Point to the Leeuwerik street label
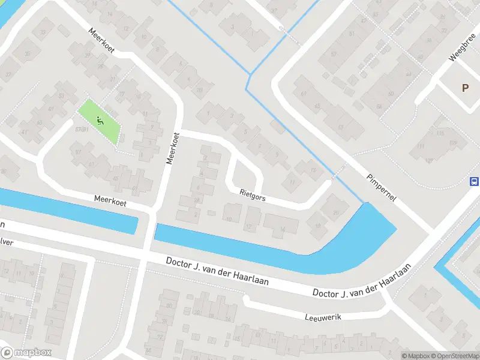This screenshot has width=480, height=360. pos(322,317)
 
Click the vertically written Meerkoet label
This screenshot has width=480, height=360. pos(173,149)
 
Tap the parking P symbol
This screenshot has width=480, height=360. pos(465,88)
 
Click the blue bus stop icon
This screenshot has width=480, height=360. pos(474,182)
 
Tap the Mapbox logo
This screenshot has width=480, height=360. pos(27,353)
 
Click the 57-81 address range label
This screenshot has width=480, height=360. pos(82,129)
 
